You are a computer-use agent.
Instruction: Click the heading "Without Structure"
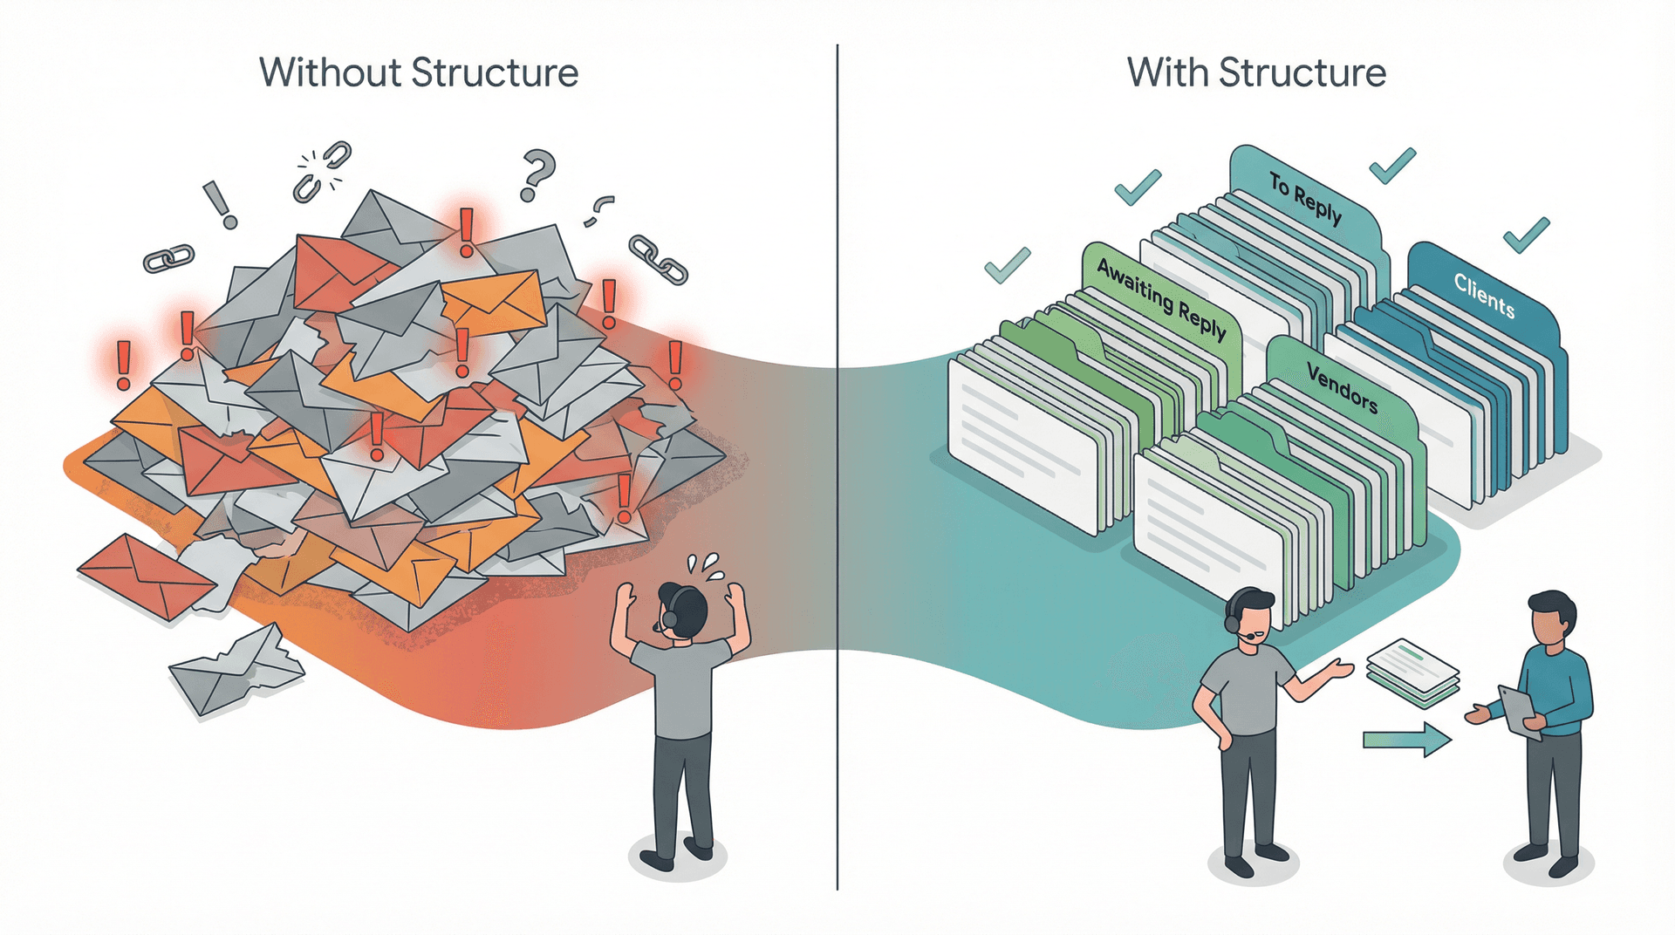pyautogui.click(x=419, y=72)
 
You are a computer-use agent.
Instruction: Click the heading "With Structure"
pyautogui.click(x=1256, y=72)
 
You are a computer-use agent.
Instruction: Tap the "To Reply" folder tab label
pyautogui.click(x=1305, y=198)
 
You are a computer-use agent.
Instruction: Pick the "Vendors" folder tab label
pyautogui.click(x=1342, y=388)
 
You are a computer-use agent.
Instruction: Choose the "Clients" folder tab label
pyautogui.click(x=1484, y=295)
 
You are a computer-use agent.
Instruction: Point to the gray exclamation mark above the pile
pyautogui.click(x=219, y=204)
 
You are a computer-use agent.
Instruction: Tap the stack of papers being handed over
pyautogui.click(x=1413, y=672)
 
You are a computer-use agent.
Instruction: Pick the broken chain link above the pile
pyautogui.click(x=320, y=170)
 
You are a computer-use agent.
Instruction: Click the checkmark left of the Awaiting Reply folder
pyautogui.click(x=1007, y=264)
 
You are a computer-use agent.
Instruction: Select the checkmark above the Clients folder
pyautogui.click(x=1526, y=234)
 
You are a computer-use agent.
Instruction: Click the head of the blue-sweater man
pyautogui.click(x=1552, y=615)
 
